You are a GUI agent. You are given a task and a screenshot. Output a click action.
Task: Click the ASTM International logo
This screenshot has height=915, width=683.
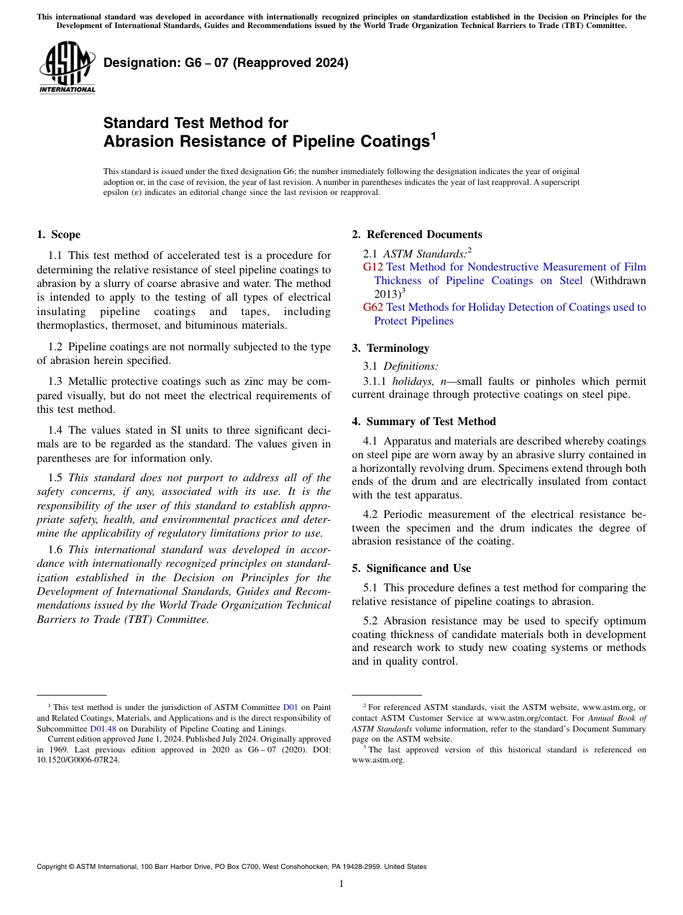67,67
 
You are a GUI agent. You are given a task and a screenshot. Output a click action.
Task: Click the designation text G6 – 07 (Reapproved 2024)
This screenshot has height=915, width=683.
226,63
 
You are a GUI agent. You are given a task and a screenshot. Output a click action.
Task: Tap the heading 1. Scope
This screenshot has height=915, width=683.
58,235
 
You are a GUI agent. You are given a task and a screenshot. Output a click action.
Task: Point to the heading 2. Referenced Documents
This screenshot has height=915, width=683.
417,235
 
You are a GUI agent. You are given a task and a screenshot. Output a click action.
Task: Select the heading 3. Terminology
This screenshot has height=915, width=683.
390,348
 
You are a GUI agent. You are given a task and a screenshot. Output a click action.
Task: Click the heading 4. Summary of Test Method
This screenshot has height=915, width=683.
423,422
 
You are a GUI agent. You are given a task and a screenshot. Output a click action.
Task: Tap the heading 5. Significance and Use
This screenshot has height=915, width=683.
411,568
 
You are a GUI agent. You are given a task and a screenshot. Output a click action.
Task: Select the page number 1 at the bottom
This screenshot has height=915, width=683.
341,884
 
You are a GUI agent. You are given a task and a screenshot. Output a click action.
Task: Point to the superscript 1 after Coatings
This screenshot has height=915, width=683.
433,135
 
